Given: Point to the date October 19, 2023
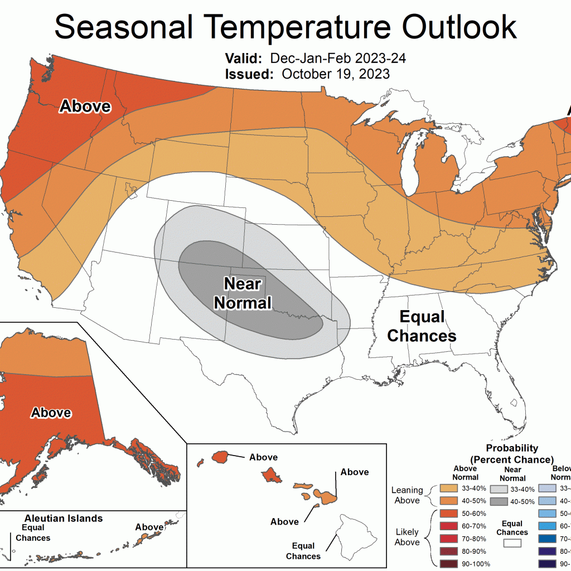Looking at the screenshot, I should pos(336,74).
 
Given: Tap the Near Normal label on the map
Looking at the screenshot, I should pos(243,293).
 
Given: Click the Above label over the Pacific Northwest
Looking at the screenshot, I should pos(85,106).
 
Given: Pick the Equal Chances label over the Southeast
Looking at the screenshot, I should pos(422,327).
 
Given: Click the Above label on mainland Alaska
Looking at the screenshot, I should pos(51,413).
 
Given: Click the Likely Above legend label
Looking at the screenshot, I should pos(407,537).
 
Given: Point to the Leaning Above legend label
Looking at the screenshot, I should pos(407,495).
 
